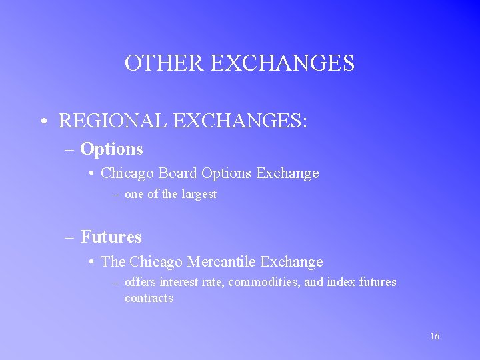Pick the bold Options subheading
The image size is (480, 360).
coord(111,149)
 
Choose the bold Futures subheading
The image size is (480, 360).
coord(111,237)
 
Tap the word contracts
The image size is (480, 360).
coord(149,298)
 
